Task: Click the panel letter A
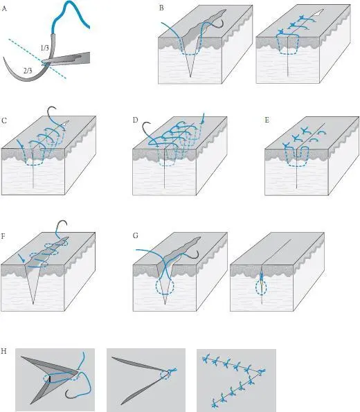coord(4,9)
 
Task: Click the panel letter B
coord(161,8)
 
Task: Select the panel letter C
coord(4,120)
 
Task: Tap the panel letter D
coord(135,120)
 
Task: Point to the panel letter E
coord(267,120)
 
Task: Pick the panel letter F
coord(3,236)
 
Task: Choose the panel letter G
coord(136,235)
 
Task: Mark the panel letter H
coord(3,351)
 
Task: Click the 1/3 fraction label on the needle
coord(44,48)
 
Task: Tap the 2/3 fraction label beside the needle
coord(28,71)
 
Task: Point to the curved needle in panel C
coord(51,111)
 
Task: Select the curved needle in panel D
coord(146,129)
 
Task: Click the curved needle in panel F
coord(62,224)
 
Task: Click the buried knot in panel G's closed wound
coord(262,280)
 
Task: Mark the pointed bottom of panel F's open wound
coord(33,304)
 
